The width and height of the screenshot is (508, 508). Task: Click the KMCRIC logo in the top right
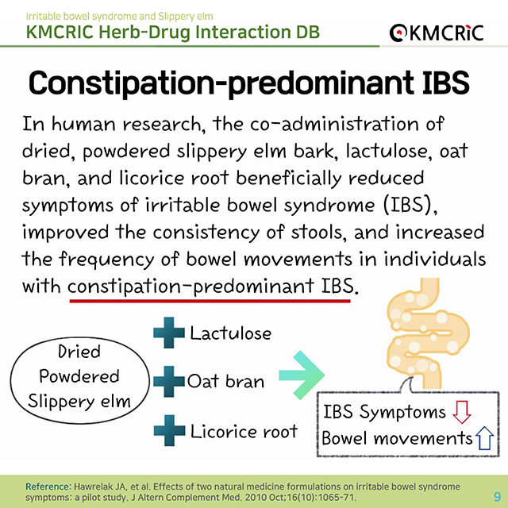[x=437, y=33]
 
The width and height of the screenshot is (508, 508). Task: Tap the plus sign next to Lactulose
[x=169, y=333]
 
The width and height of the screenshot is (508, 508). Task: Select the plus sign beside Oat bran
[x=169, y=381]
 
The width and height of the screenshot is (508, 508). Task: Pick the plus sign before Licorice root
[x=169, y=430]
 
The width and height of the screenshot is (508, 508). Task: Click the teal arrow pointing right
[x=302, y=375]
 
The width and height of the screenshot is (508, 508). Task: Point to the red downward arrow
[x=461, y=412]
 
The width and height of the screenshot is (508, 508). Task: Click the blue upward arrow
[x=484, y=437]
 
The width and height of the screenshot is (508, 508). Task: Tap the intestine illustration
[x=428, y=333]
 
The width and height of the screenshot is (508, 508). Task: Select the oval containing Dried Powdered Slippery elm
[x=79, y=380]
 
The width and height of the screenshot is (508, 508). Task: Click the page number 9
[x=497, y=496]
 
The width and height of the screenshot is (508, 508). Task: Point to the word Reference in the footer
[x=48, y=487]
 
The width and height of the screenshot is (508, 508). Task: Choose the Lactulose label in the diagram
[x=230, y=333]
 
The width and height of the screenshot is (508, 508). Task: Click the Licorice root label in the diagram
[x=244, y=431]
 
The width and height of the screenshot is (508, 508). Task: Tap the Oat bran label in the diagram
[x=225, y=381]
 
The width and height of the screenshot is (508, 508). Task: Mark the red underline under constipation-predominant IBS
[x=210, y=301]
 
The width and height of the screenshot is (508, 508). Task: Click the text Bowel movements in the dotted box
[x=397, y=438]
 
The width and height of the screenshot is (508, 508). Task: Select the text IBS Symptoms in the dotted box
[x=384, y=413]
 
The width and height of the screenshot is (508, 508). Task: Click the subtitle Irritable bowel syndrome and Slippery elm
[x=120, y=16]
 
